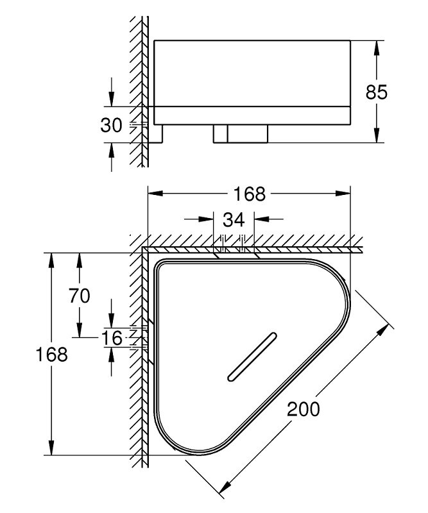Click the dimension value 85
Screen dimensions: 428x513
(x=376, y=92)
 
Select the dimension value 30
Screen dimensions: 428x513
(x=111, y=125)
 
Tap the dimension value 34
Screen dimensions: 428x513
(x=234, y=219)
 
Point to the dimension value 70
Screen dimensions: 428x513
(x=79, y=296)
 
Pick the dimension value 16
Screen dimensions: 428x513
(x=112, y=338)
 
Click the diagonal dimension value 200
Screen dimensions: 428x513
(x=304, y=409)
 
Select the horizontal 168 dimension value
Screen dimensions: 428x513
(x=249, y=194)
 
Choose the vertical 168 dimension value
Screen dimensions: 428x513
(x=51, y=355)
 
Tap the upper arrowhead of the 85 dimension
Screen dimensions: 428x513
(x=377, y=48)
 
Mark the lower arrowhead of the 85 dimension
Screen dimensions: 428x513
(x=377, y=135)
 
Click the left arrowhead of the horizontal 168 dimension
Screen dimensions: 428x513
(x=155, y=194)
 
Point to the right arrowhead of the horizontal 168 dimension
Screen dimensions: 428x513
(x=343, y=194)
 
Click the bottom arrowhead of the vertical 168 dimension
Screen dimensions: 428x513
(x=51, y=447)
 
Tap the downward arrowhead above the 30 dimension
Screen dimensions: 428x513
(x=112, y=99)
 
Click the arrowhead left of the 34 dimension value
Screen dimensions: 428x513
(x=206, y=219)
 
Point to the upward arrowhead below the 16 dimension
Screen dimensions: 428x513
(x=112, y=355)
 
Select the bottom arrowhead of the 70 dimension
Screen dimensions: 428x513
(x=79, y=330)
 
